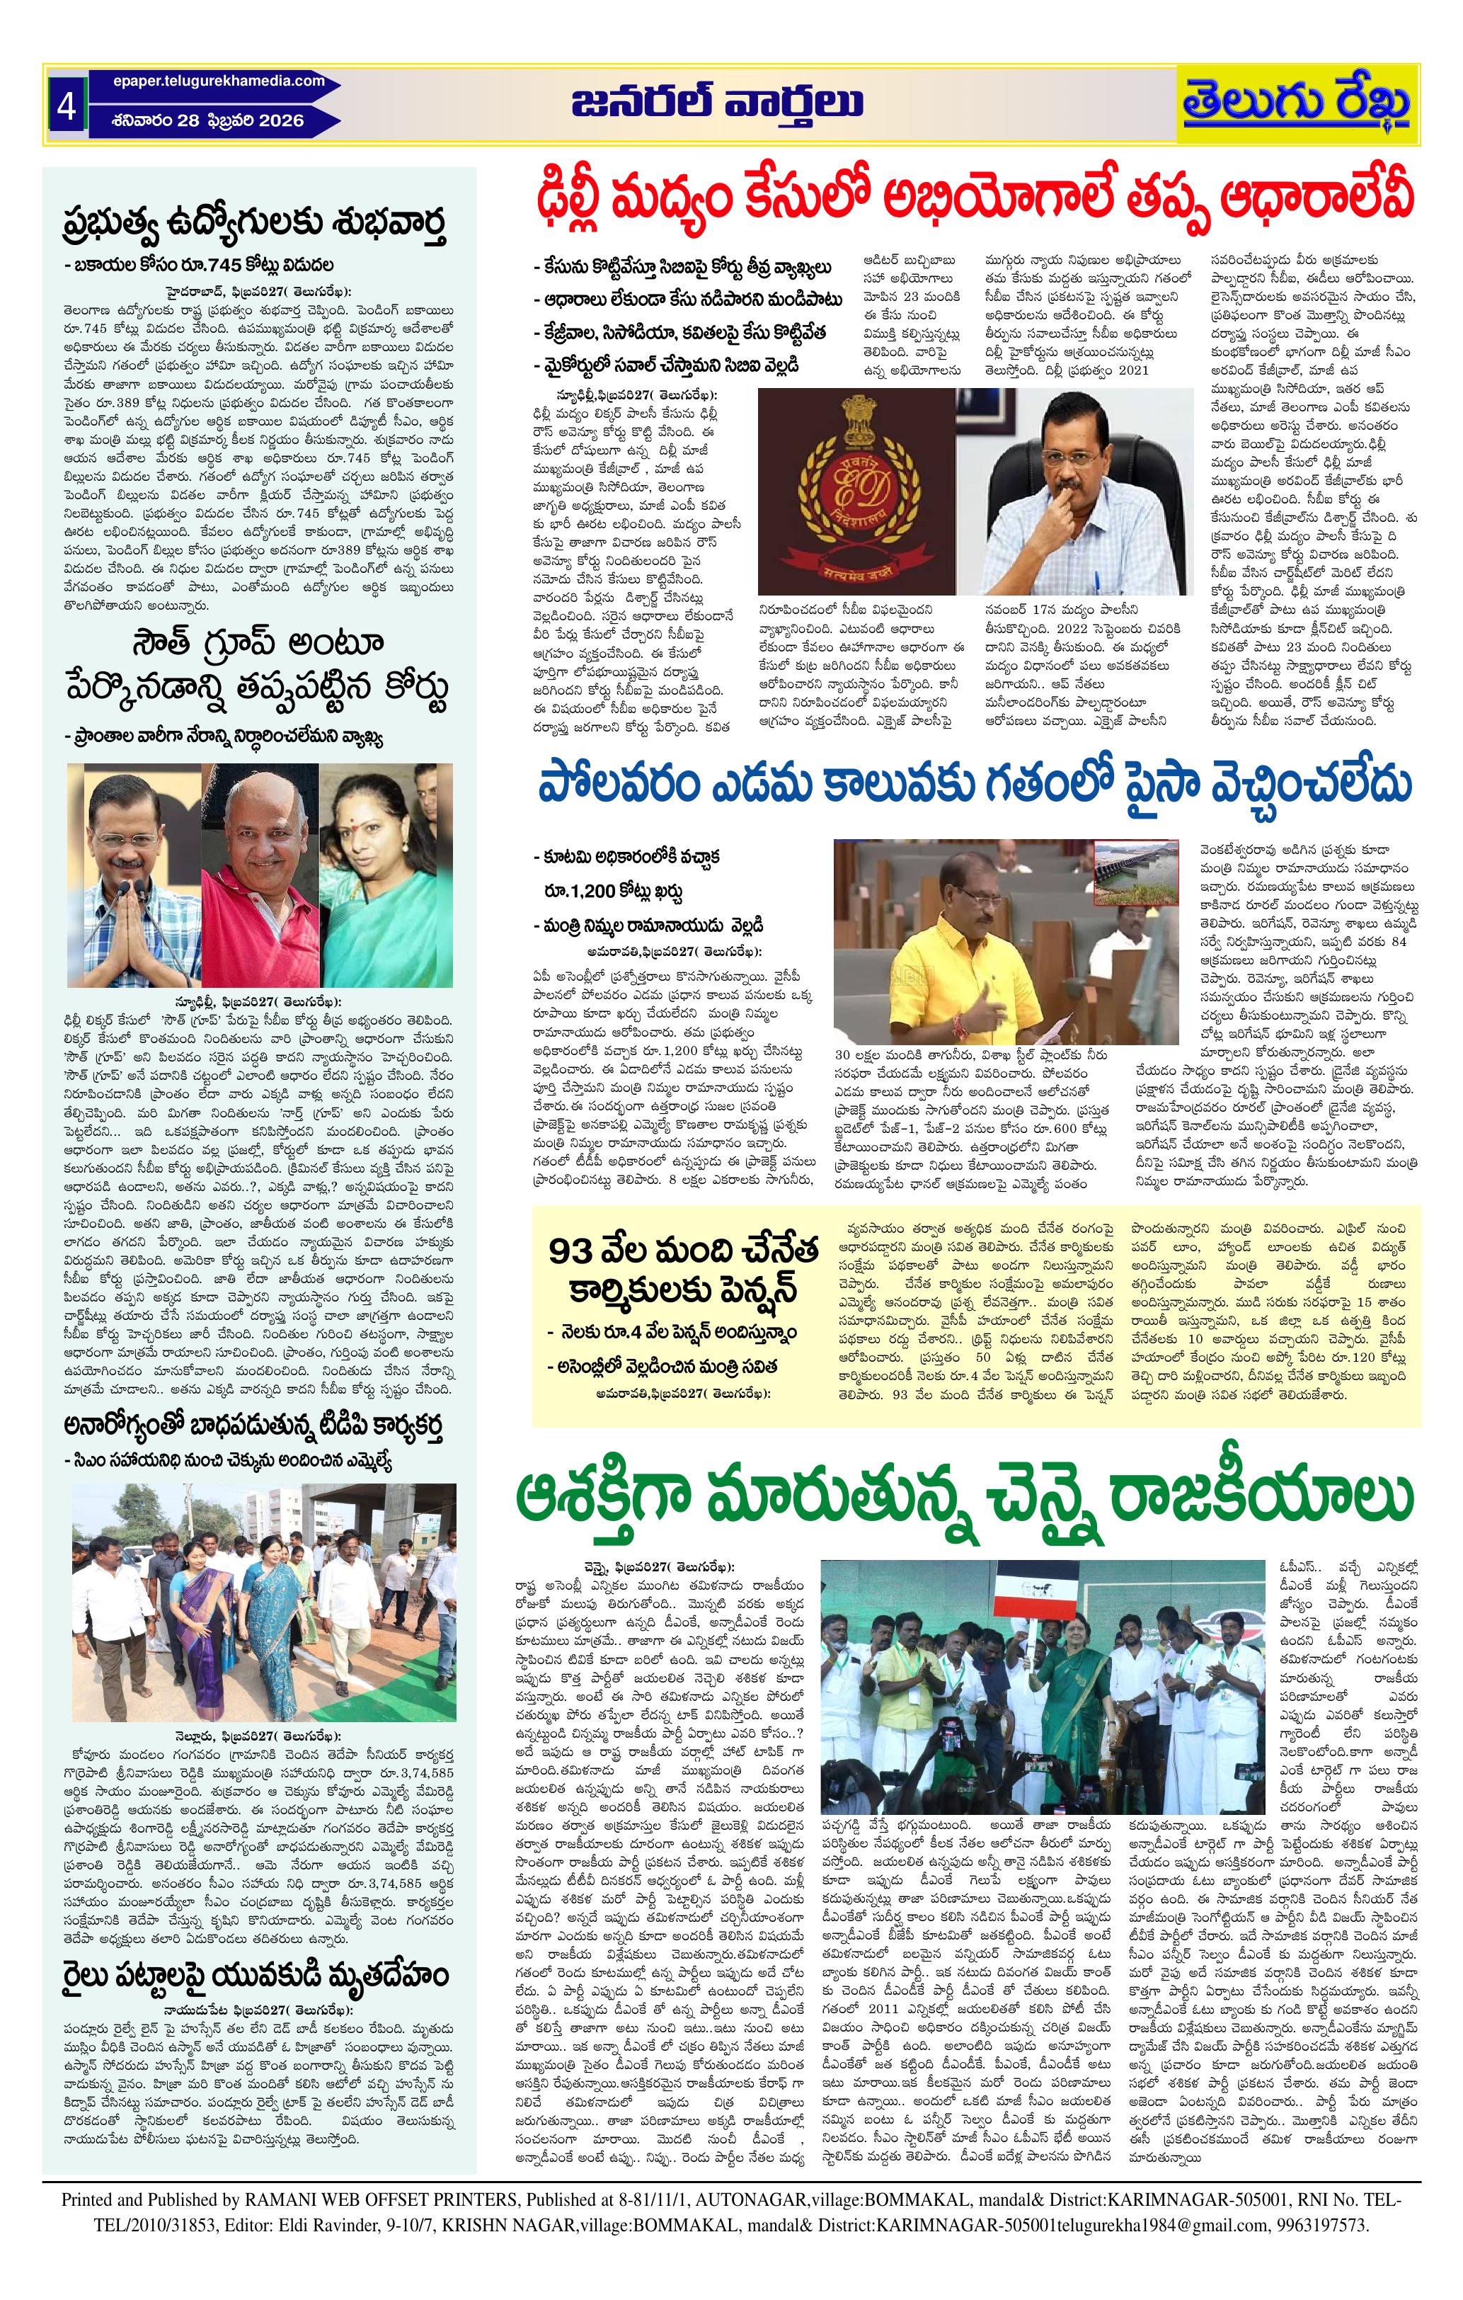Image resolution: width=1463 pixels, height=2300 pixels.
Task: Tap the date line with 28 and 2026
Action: click(x=207, y=120)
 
